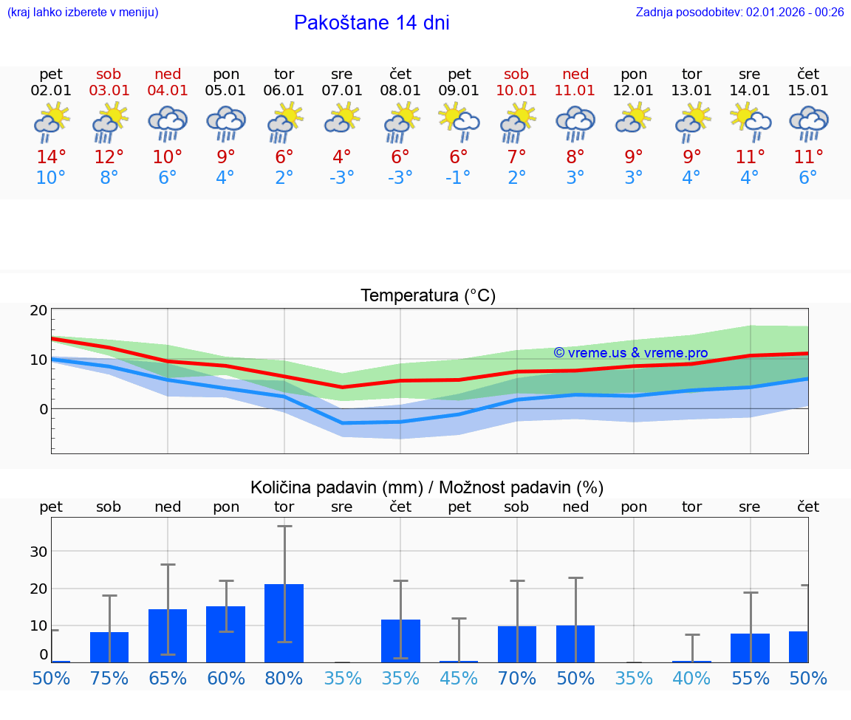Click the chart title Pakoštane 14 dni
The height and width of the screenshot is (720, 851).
(372, 23)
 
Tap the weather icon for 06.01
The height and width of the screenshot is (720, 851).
(284, 122)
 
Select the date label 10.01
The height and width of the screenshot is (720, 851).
(516, 90)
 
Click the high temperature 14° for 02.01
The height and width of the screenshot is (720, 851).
(51, 157)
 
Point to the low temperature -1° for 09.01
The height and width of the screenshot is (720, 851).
(459, 178)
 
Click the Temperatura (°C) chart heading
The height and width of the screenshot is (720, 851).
(428, 295)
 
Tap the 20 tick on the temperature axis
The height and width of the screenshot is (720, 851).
(38, 311)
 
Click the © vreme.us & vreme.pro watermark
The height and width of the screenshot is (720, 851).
(630, 353)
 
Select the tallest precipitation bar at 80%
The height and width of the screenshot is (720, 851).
(284, 623)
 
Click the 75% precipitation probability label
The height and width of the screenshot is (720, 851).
(109, 678)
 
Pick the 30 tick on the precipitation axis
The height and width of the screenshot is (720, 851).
(38, 552)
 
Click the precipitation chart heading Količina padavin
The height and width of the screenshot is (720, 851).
(427, 487)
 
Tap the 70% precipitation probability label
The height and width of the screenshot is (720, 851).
(516, 678)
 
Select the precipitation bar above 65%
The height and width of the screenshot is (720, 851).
(168, 635)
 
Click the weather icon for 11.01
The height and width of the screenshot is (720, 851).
(575, 122)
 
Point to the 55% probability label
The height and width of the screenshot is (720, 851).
(751, 678)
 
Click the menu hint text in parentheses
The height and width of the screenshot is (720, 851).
(82, 12)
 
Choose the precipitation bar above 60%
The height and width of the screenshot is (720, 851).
(226, 634)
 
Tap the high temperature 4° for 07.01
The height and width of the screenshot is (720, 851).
(342, 157)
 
